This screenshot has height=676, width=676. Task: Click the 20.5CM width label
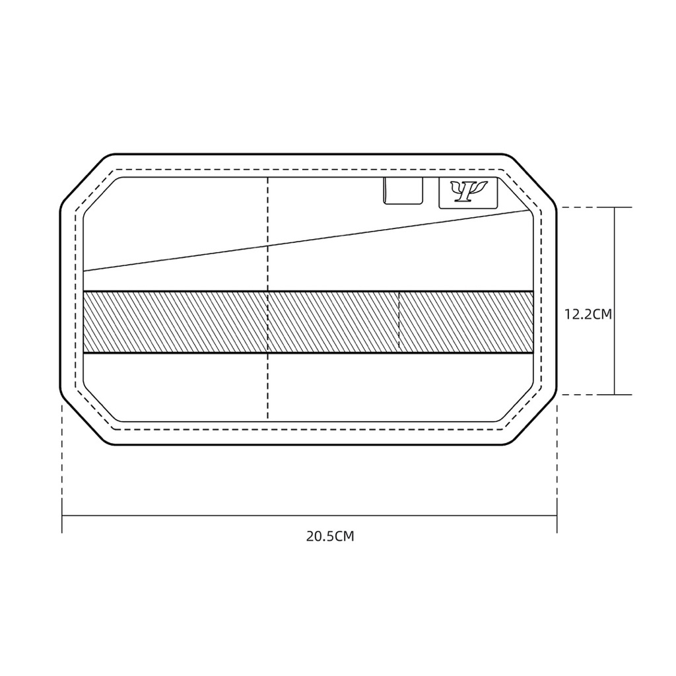pos(330,536)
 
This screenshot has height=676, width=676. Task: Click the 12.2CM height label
pos(588,314)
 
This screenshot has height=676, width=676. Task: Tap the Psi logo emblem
pos(468,192)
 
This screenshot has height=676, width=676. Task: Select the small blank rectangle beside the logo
pos(403,190)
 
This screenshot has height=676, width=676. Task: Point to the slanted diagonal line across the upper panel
pos(306,241)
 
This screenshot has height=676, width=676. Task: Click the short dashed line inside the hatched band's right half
pos(399,321)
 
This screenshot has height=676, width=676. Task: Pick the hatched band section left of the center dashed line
pos(176,322)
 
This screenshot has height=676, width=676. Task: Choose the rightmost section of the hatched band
pos(467,322)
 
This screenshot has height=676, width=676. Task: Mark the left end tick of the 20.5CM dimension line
pos(62,516)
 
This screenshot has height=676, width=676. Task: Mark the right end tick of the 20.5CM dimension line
pos(557,516)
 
